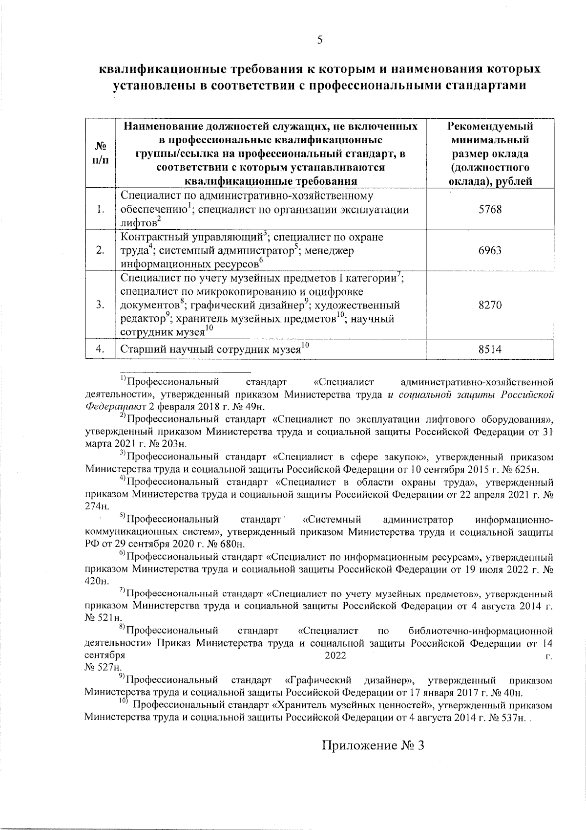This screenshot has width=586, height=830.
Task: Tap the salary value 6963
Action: coord(490,251)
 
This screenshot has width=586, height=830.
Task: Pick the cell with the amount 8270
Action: coord(490,306)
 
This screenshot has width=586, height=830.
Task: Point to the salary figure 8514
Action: coord(490,349)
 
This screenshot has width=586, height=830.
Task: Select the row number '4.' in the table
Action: coord(100,349)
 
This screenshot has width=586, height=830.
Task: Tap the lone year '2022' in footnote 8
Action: coord(335,655)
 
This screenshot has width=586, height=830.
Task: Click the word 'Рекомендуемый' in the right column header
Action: coord(490,127)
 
